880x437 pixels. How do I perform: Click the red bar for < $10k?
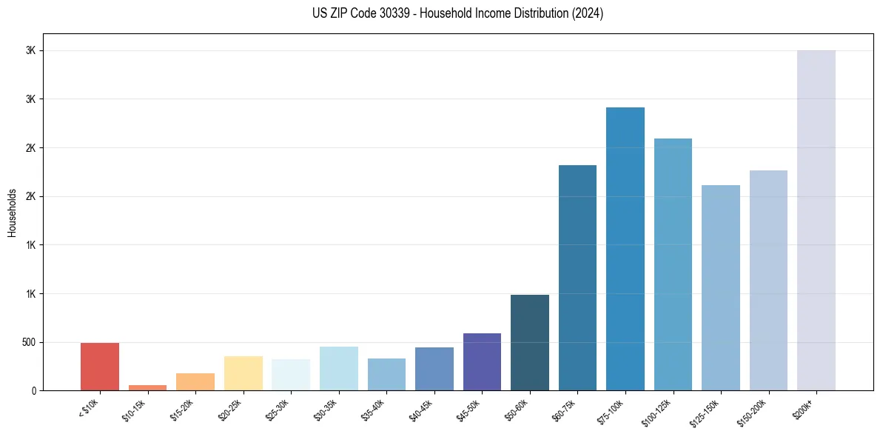(x=100, y=367)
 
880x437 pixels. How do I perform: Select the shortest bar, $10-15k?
(x=147, y=387)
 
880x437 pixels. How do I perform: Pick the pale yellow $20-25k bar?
(x=243, y=373)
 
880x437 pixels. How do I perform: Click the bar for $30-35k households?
(x=339, y=368)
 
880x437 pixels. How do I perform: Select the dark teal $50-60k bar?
(x=530, y=342)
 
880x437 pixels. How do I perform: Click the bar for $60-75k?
(x=577, y=278)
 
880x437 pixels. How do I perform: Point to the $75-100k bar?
(x=625, y=249)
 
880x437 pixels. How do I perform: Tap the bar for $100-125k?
(x=673, y=264)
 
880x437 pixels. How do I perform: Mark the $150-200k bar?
(x=768, y=280)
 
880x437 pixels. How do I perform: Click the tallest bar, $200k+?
(x=816, y=220)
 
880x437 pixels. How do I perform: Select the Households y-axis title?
(x=12, y=212)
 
